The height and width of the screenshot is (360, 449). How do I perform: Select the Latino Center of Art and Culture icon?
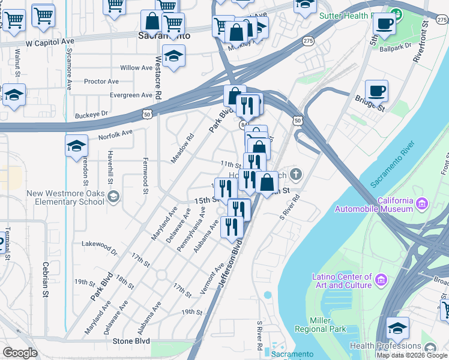[x=379, y=280]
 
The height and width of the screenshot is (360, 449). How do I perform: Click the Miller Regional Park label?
[x=321, y=325]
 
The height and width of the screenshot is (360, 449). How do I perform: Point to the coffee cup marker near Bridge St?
[x=376, y=91]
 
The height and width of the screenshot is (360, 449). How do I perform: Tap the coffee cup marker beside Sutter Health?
[x=384, y=24]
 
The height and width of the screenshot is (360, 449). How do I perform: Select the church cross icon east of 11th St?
[x=295, y=175]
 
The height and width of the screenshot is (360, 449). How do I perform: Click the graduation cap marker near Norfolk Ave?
[x=77, y=146]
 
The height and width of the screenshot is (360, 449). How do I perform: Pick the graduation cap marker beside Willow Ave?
[x=173, y=56]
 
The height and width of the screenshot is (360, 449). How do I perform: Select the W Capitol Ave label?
[x=50, y=43]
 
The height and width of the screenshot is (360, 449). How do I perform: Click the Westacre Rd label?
[x=158, y=79]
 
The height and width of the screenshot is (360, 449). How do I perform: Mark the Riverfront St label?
[x=420, y=40]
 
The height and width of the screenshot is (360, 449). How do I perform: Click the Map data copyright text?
[x=412, y=355]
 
